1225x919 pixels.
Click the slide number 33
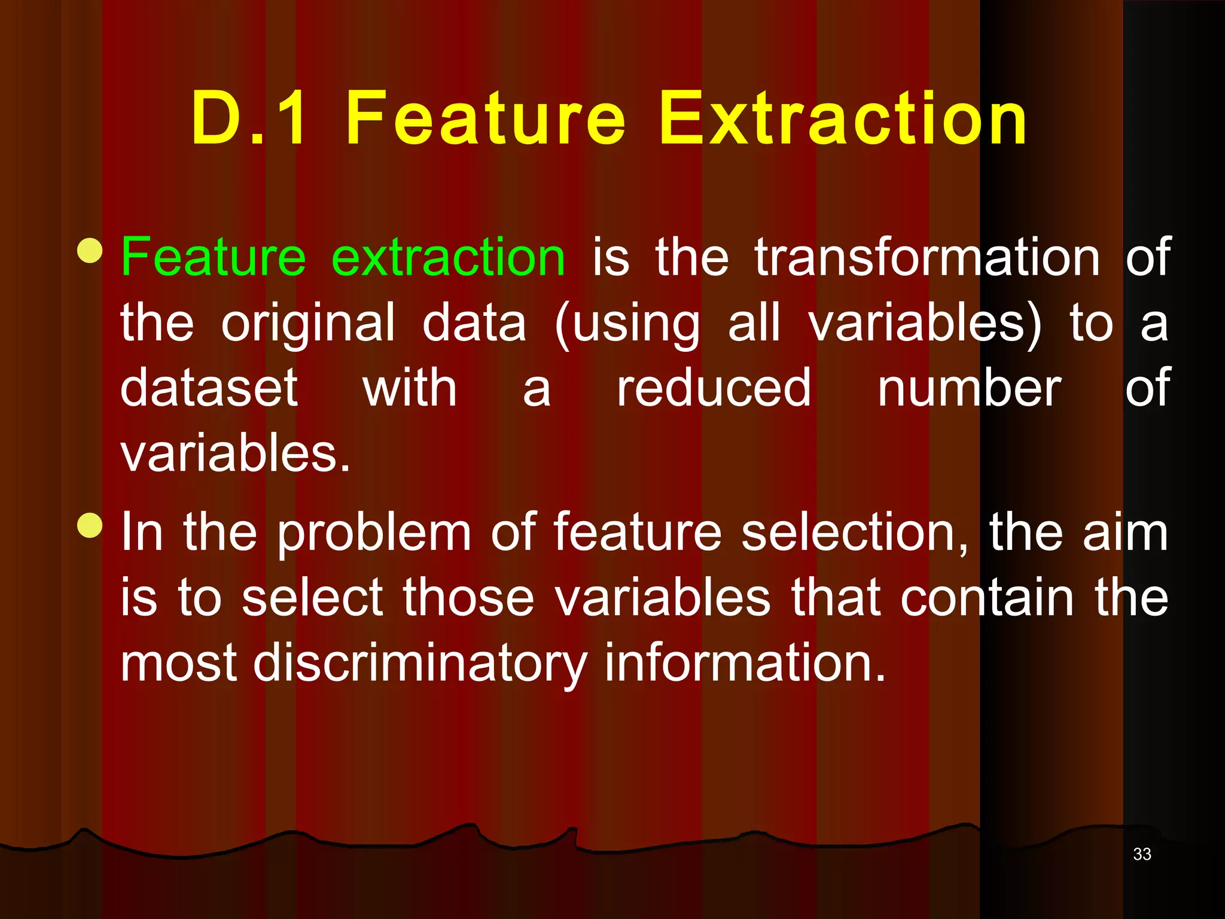[x=1141, y=854]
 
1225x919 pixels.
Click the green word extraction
[x=448, y=257]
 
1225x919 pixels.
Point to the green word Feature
[x=214, y=257]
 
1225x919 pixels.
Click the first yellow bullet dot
[x=90, y=251]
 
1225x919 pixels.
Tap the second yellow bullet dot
[x=90, y=526]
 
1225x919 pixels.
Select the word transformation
[x=927, y=257]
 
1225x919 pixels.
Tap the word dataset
[x=209, y=389]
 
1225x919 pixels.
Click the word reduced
[x=714, y=389]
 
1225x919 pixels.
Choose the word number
[x=969, y=389]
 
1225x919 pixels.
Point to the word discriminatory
[x=420, y=664]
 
